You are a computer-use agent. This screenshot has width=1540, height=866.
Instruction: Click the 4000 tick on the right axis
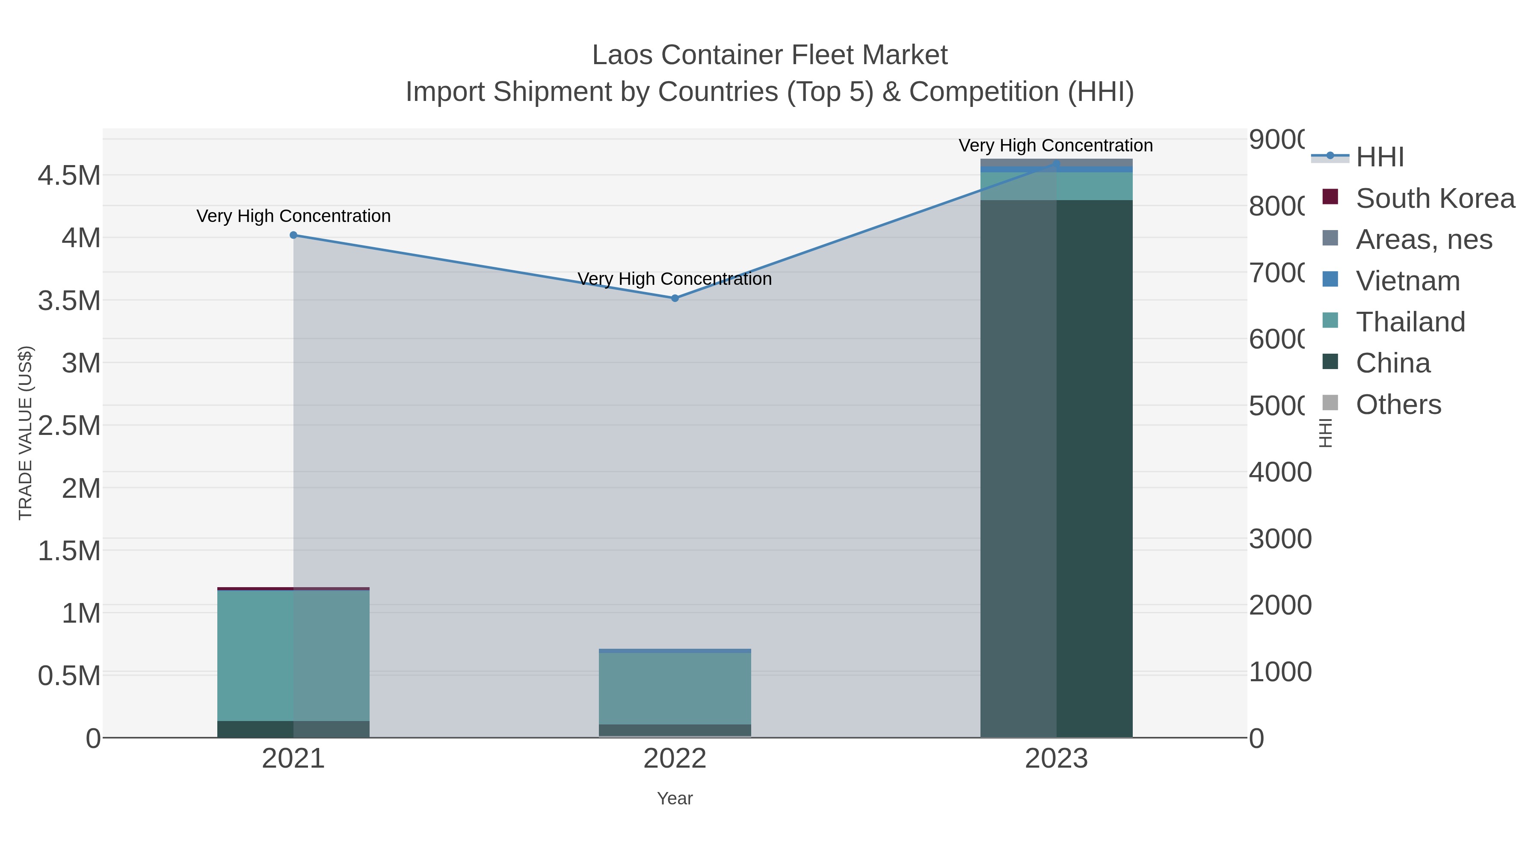[1279, 473]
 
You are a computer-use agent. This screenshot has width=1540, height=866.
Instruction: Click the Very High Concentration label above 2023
[1056, 146]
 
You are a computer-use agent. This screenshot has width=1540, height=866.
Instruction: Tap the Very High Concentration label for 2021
[293, 216]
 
